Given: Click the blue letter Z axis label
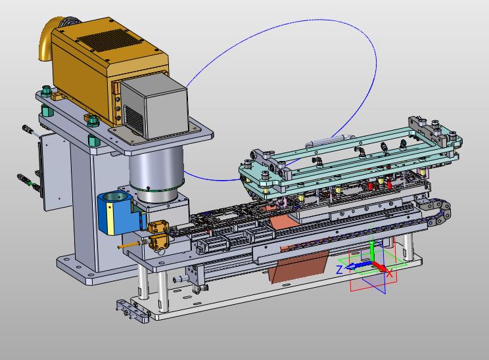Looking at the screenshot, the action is pos(339,269).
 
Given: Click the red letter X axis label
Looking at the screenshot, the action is pos(390,274).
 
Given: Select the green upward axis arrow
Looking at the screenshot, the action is pos(371,251).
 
